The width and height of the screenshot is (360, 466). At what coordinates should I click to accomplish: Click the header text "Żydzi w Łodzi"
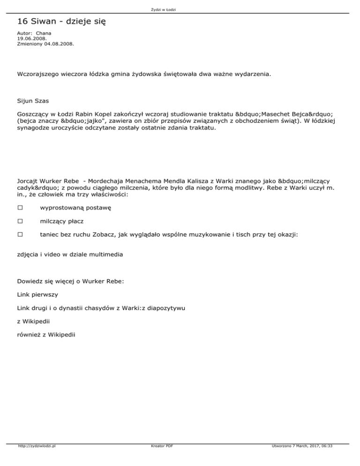tap(180, 9)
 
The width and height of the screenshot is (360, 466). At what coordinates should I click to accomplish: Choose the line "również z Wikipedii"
tap(45, 335)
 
